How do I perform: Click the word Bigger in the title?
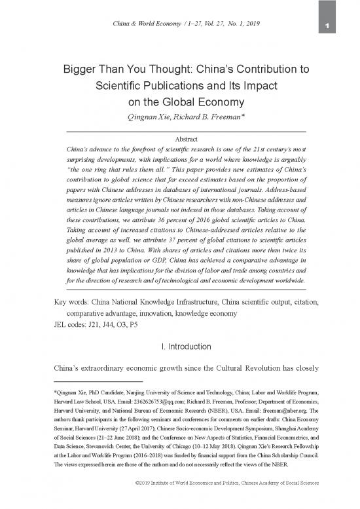coord(82,69)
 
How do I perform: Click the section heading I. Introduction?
coord(179,345)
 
